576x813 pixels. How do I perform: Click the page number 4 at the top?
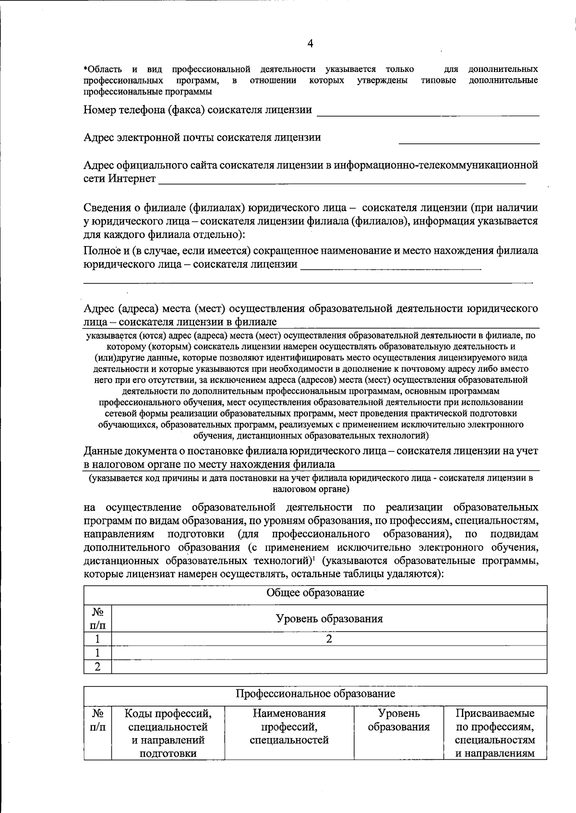point(310,44)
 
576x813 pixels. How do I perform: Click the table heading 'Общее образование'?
point(315,592)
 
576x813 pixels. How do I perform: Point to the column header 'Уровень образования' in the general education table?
point(329,618)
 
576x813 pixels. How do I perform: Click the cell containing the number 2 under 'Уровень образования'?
point(329,638)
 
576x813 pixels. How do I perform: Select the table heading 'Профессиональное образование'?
point(315,693)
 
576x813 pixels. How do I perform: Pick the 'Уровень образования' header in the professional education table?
point(398,720)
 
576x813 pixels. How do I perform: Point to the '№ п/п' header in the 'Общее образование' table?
point(97,618)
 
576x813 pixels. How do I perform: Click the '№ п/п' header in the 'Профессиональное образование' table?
point(97,720)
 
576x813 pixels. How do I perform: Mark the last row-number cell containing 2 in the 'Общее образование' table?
point(97,667)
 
